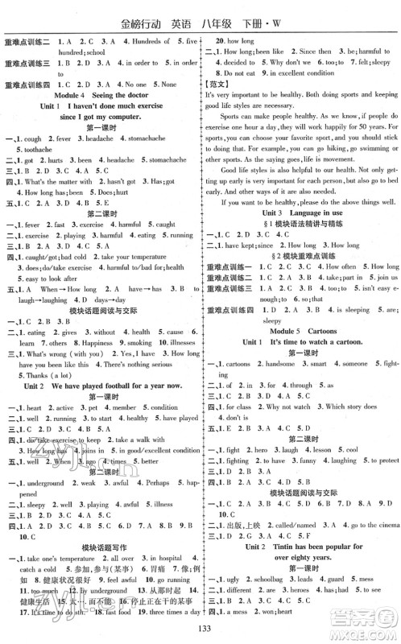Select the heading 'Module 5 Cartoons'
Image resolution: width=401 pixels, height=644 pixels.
point(300,329)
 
